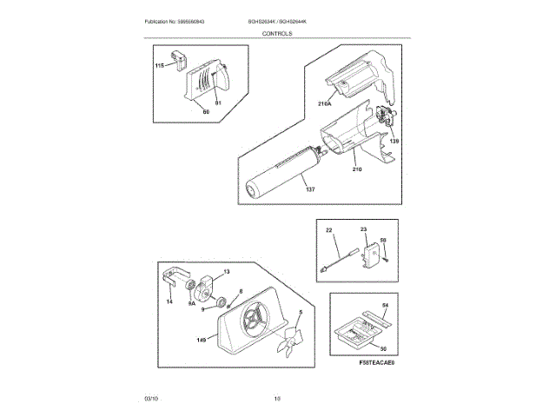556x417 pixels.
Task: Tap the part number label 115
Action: pyautogui.click(x=160, y=66)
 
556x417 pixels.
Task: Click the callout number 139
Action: pyautogui.click(x=394, y=140)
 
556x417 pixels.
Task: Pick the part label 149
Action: pyautogui.click(x=202, y=341)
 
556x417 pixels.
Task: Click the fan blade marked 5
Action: pyautogui.click(x=290, y=341)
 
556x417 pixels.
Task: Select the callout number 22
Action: pyautogui.click(x=329, y=230)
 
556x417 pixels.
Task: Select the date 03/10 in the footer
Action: pyautogui.click(x=151, y=398)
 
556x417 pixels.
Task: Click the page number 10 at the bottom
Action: pyautogui.click(x=277, y=398)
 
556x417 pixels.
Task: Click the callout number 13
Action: pyautogui.click(x=228, y=272)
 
